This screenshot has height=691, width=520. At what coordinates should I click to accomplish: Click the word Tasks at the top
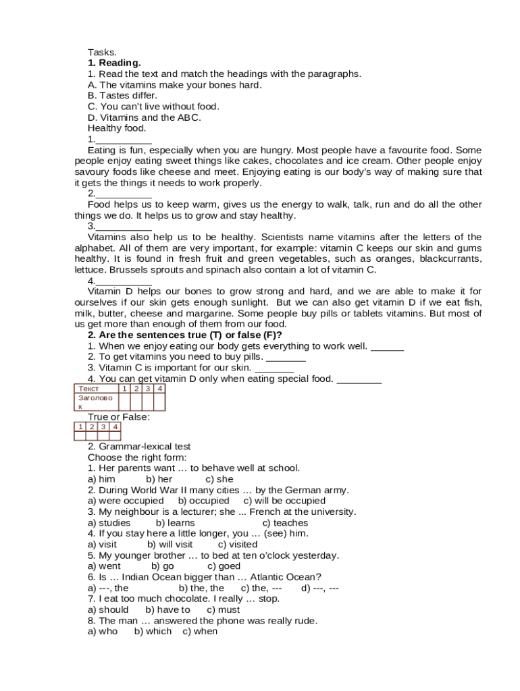(x=102, y=53)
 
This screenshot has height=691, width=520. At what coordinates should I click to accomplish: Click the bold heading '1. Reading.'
(x=114, y=63)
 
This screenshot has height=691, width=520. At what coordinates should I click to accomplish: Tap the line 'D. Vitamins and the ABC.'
(x=144, y=117)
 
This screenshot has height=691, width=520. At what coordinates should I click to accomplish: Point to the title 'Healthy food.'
(x=117, y=128)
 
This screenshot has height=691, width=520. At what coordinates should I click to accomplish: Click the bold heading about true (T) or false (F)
(x=184, y=335)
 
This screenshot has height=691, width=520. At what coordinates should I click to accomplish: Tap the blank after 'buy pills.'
(x=286, y=358)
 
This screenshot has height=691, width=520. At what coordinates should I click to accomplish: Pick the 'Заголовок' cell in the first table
(x=95, y=402)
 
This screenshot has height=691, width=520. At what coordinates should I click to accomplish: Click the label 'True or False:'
(x=119, y=417)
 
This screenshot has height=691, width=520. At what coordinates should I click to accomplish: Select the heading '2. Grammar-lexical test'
(x=149, y=447)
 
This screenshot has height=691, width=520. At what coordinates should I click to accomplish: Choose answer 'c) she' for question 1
(x=219, y=479)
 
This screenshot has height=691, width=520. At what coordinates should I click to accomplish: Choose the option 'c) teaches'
(x=285, y=523)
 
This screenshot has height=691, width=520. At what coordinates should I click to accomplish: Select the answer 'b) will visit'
(x=170, y=545)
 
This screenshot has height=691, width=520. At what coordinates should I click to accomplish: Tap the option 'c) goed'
(x=224, y=566)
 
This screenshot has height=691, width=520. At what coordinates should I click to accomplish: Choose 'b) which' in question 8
(x=153, y=632)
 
